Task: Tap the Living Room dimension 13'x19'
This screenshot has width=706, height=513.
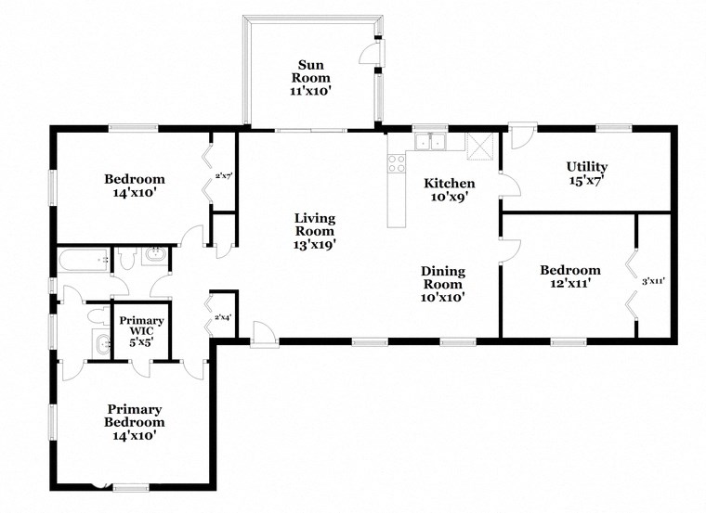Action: (x=315, y=245)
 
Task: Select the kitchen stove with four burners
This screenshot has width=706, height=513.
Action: (x=397, y=164)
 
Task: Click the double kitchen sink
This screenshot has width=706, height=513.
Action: (x=430, y=142)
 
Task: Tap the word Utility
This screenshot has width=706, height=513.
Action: (x=587, y=167)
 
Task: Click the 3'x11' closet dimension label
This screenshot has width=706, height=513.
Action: (x=654, y=279)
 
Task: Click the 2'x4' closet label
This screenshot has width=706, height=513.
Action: (x=223, y=317)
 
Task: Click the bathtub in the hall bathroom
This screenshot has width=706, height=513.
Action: (x=84, y=261)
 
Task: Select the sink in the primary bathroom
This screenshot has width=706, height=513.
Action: (x=99, y=346)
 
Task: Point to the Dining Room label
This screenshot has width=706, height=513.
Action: (x=443, y=278)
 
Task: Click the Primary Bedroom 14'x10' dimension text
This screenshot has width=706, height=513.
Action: (x=135, y=434)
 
